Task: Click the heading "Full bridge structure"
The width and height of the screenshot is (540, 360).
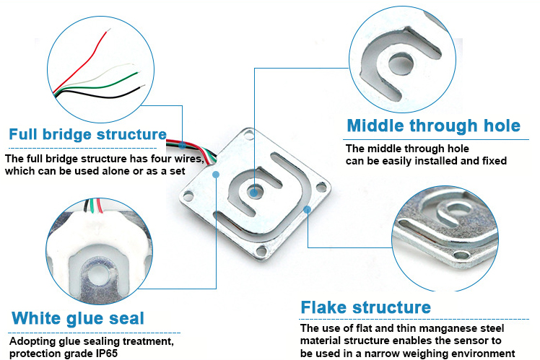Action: point(88,135)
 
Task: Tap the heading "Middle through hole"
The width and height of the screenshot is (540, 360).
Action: point(434,126)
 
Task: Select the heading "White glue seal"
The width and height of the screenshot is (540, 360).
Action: point(78,318)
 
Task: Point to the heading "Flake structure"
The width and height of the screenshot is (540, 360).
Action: point(366,307)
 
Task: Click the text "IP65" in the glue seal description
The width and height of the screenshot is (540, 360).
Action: point(107,354)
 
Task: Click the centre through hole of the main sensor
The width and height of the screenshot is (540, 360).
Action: point(255,191)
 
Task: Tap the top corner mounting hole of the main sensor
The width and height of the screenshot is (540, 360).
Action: point(248,135)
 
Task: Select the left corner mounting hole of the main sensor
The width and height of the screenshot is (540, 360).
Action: point(188,196)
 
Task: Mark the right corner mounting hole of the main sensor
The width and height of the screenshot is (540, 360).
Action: point(321,188)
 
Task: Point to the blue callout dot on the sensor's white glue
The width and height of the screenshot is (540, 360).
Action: point(216,175)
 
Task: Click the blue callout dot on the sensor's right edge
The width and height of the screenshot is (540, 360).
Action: point(308,209)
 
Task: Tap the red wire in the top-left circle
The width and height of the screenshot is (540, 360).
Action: point(82,62)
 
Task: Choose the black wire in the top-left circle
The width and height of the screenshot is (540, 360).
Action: point(98,94)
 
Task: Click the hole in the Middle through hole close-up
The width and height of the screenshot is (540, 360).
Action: point(401,64)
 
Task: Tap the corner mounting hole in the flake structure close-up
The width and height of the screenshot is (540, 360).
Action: point(461,255)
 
